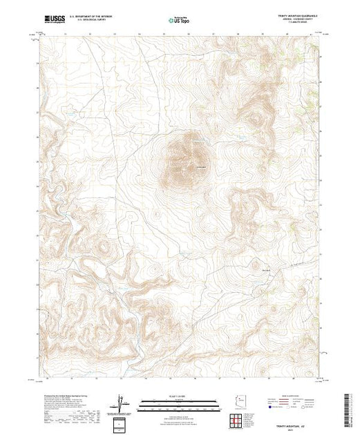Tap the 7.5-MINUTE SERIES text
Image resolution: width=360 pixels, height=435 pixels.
click(x=297, y=24)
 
